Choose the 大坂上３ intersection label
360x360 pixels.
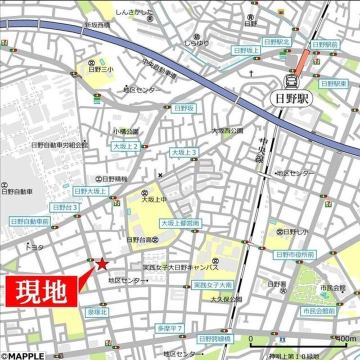click(x=184, y=152)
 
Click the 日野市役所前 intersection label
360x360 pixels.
click(x=295, y=254)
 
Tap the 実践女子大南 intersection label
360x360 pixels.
click(x=212, y=285)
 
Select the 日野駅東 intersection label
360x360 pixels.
click(x=334, y=83)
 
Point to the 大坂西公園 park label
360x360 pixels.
click(x=227, y=130)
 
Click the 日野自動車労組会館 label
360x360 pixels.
click(x=59, y=145)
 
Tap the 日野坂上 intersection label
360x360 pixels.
click(x=246, y=50)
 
